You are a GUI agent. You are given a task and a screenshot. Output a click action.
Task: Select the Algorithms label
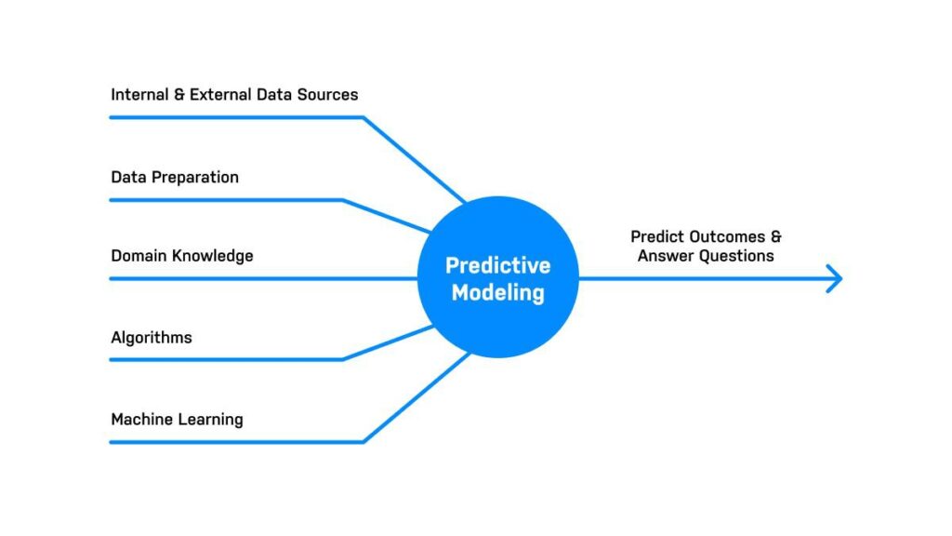[152, 338]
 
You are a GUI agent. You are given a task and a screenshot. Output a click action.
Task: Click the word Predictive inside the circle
[498, 265]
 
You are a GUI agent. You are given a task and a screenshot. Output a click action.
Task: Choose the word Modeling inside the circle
[498, 293]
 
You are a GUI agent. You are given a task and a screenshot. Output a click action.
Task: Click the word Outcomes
[727, 237]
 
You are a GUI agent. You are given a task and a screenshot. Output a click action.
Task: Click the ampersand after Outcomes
[776, 237]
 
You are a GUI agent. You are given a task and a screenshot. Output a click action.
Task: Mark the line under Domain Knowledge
[264, 279]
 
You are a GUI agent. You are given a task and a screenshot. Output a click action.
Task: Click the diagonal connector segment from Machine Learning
[416, 397]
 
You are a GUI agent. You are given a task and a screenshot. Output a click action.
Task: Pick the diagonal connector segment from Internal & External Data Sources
[415, 159]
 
